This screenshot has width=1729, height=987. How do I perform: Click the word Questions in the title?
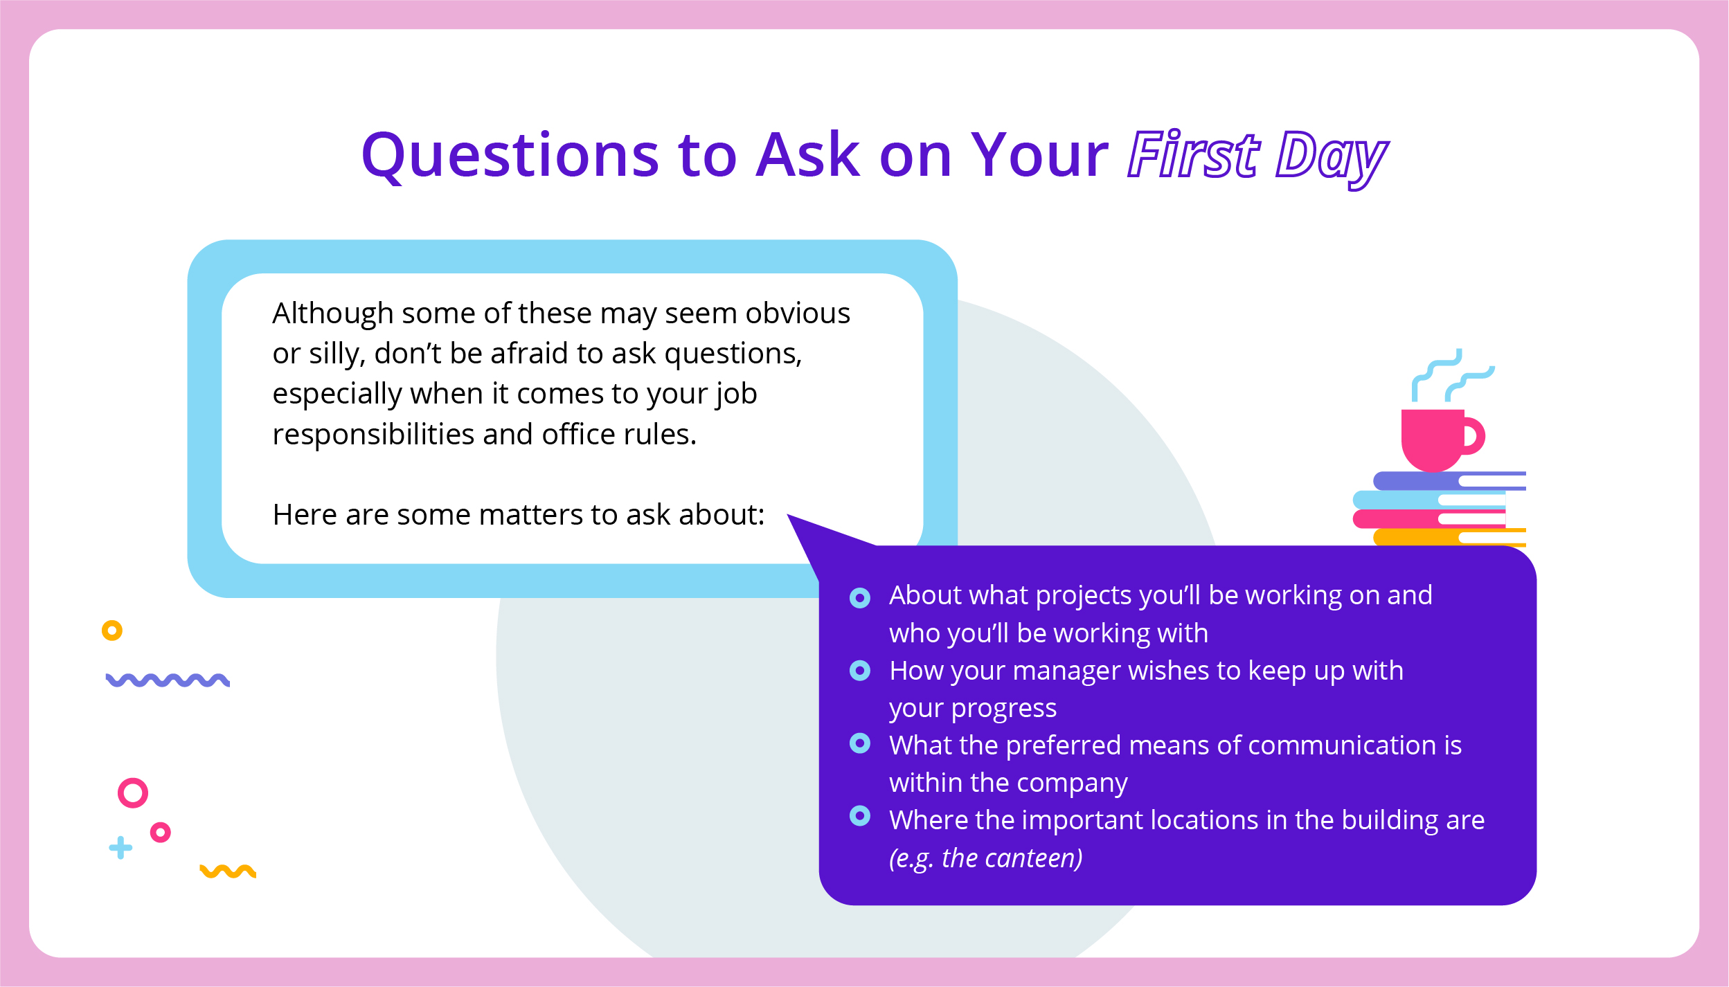click(x=510, y=156)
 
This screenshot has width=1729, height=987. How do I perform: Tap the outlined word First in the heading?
click(x=1192, y=154)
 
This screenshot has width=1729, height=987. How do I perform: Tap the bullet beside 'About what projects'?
click(x=860, y=598)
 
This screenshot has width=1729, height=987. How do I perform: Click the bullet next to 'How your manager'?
click(x=860, y=671)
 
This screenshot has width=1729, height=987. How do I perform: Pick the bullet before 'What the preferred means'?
click(x=860, y=743)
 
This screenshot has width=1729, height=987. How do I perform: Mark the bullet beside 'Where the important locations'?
click(x=860, y=816)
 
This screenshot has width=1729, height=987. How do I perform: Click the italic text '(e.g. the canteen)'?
click(x=986, y=858)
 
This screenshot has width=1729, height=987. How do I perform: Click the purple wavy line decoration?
click(x=168, y=680)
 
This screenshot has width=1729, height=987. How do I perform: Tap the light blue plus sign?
click(x=120, y=847)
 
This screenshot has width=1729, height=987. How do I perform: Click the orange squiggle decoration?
click(x=228, y=871)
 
